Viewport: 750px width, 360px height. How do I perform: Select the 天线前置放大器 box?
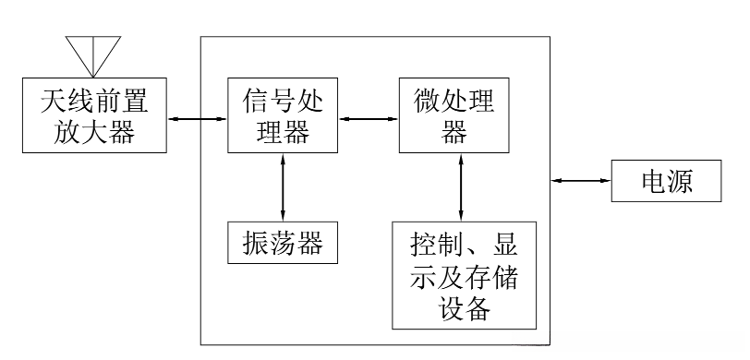pos(93,115)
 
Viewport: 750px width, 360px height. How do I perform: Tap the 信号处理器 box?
pos(282,115)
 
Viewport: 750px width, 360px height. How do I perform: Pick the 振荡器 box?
pos(282,243)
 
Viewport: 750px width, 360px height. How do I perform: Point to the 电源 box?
pos(666,183)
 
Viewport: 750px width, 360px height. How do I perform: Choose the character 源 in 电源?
pos(682,183)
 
